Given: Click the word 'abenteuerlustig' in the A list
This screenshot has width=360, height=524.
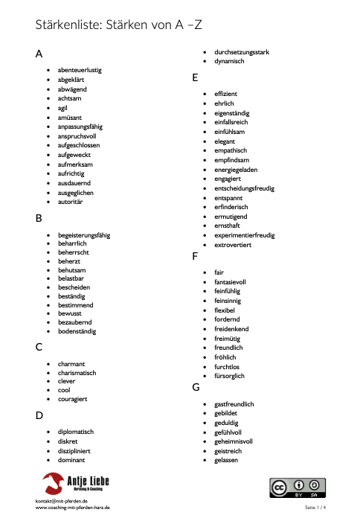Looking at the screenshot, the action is (80, 70).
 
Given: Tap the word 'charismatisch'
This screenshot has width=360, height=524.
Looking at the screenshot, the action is (77, 372).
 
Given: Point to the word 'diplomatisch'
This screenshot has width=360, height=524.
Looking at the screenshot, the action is (76, 431).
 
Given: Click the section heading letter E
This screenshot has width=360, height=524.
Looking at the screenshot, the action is (195, 77).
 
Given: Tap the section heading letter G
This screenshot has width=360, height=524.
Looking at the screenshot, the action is (196, 387).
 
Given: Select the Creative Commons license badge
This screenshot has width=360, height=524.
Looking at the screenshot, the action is (298, 488).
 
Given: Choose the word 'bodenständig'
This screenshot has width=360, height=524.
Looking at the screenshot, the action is (77, 331).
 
